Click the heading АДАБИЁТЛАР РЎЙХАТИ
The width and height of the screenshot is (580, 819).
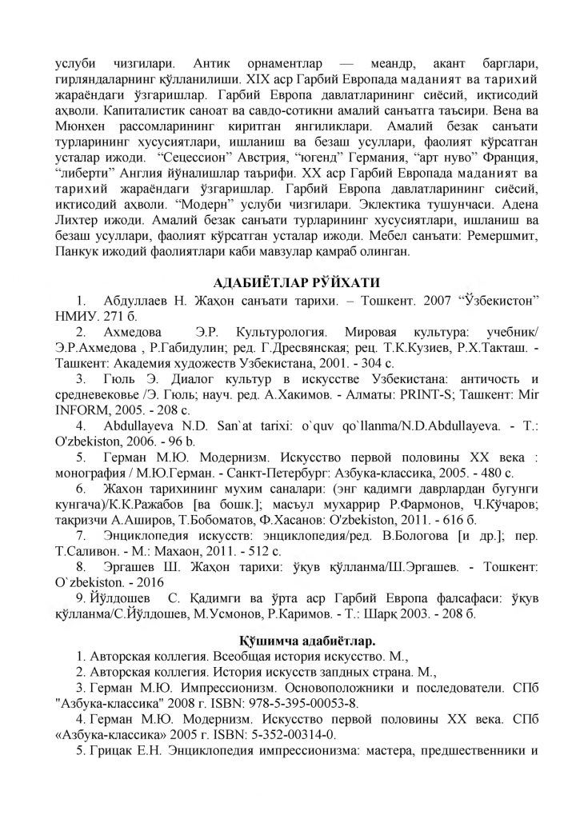pos(290,282)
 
